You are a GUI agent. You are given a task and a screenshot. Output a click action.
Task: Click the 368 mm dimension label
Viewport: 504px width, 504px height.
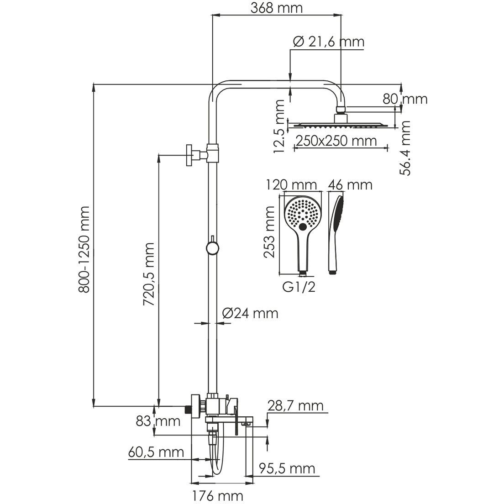(x=277, y=8)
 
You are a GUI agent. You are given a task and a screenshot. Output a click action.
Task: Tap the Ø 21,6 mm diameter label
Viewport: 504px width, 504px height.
(x=328, y=42)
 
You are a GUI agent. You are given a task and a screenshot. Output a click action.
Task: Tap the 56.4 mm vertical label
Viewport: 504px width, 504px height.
(x=405, y=147)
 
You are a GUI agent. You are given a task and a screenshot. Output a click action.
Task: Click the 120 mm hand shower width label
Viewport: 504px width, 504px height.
(x=298, y=185)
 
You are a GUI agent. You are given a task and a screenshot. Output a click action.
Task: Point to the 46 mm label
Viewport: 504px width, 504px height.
(x=351, y=185)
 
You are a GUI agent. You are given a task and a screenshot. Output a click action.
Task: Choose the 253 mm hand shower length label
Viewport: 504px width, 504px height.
(x=270, y=231)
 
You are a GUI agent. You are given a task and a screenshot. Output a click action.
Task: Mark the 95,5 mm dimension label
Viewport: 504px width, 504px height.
(x=287, y=468)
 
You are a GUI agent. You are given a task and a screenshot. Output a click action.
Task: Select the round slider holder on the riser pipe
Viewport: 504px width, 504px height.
(x=212, y=247)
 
